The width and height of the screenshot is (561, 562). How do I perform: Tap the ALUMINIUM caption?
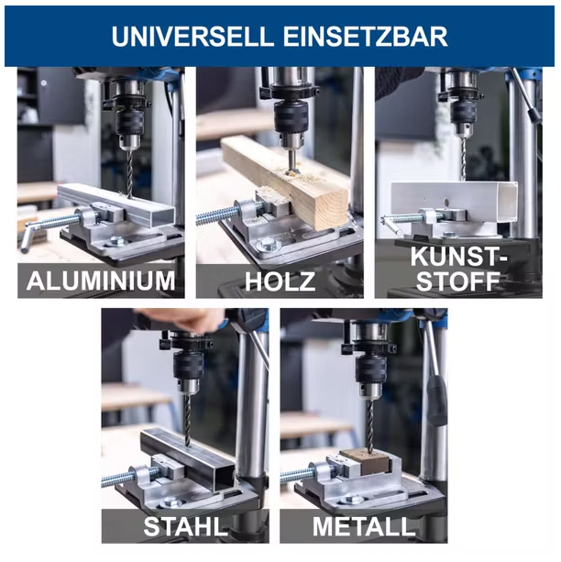pos(101,281)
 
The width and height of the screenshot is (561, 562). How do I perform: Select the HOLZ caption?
pos(280,281)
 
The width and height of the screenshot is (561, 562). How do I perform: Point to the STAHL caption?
pos(184,527)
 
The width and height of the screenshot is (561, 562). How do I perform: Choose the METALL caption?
pos(364,527)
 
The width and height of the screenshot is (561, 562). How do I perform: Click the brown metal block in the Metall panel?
pos(370,464)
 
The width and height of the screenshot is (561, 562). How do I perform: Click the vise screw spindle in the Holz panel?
pos(216,216)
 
